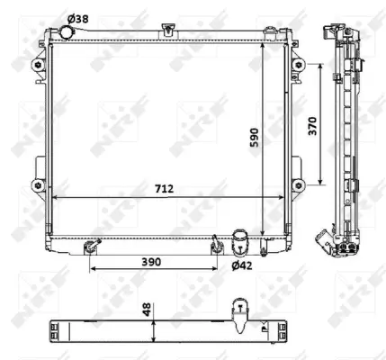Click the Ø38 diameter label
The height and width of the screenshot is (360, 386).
[x=79, y=18]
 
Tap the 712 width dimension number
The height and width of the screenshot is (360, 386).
[x=164, y=189]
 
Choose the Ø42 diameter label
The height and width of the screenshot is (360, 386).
[x=241, y=265]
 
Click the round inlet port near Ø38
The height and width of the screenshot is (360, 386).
[x=66, y=33]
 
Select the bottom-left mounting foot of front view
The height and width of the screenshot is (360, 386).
[x=89, y=245]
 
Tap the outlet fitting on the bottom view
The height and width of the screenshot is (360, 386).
[x=239, y=311]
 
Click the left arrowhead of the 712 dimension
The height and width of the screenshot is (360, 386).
[x=54, y=198]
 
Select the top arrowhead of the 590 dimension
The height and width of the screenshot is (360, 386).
[x=263, y=45]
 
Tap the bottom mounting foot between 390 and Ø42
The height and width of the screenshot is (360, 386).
[x=216, y=244]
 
